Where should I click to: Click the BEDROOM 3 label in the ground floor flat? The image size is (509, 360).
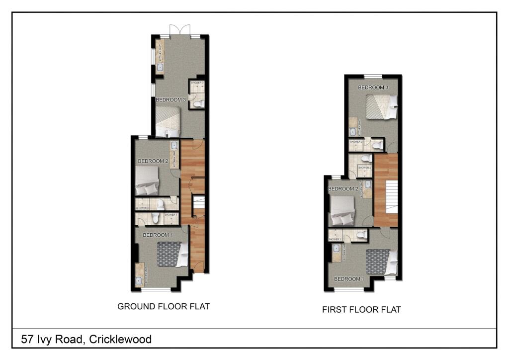click(170, 100)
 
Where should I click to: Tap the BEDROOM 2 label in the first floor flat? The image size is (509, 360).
click(343, 189)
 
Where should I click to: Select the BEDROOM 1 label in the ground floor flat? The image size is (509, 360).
click(158, 235)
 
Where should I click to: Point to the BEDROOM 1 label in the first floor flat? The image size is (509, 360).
click(349, 279)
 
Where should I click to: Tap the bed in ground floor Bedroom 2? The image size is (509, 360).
click(147, 180)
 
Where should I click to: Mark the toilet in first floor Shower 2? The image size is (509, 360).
click(366, 159)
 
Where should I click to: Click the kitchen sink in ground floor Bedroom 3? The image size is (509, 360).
click(160, 67)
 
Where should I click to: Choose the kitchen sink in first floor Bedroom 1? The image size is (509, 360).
click(336, 248)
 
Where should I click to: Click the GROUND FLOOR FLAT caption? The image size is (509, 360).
click(164, 306)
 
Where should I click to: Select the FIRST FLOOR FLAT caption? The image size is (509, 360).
click(361, 310)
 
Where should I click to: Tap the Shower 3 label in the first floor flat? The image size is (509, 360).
click(355, 142)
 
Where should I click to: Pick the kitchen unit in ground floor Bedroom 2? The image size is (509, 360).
click(174, 155)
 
